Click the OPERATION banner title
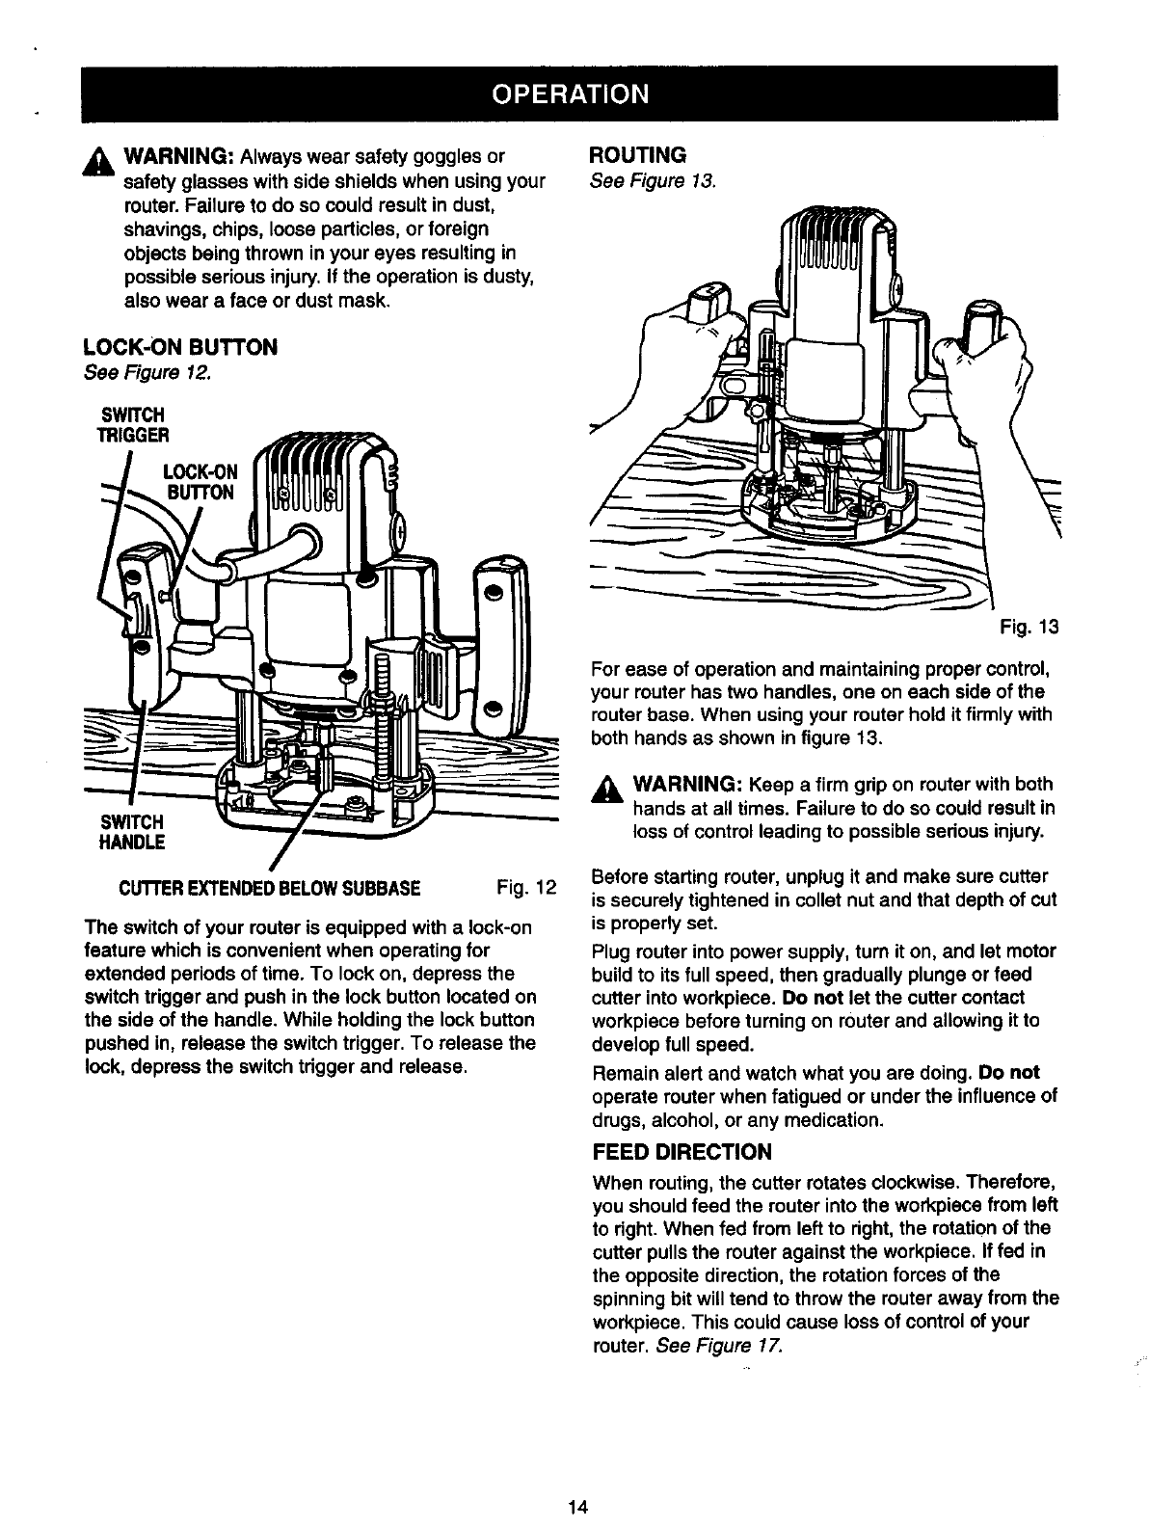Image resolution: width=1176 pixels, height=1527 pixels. click(569, 94)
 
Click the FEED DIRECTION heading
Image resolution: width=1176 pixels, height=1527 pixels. click(682, 1153)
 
